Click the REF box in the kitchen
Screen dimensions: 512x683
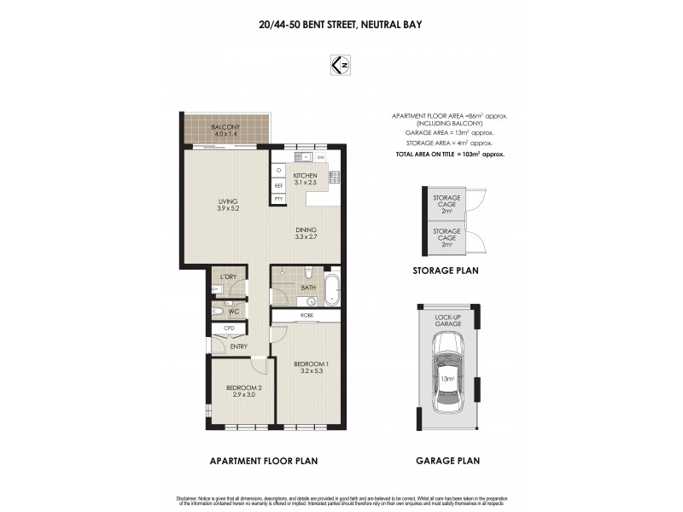[x=278, y=185]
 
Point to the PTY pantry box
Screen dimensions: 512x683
[x=278, y=199]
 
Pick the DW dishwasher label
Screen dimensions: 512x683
[x=320, y=158]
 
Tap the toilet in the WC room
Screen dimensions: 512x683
[x=218, y=312]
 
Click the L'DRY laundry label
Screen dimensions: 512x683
[x=228, y=277]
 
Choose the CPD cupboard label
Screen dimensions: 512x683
[x=229, y=328]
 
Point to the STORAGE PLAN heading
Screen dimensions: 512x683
[x=447, y=270]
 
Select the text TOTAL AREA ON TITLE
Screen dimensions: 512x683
[x=425, y=155]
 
